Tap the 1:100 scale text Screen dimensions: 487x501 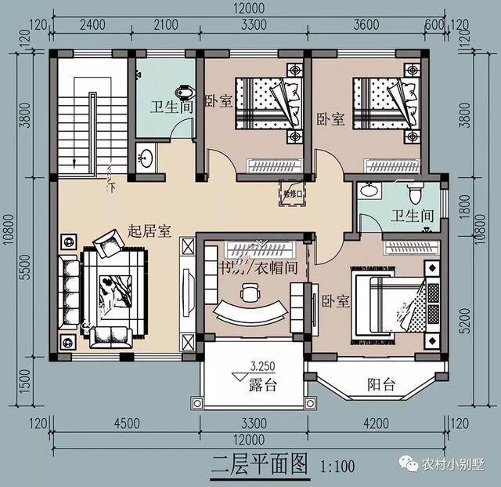[x=339, y=467]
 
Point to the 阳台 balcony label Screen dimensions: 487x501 [x=381, y=385]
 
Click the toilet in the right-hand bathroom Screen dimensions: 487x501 [x=416, y=191]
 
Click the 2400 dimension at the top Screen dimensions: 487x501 [x=92, y=24]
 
